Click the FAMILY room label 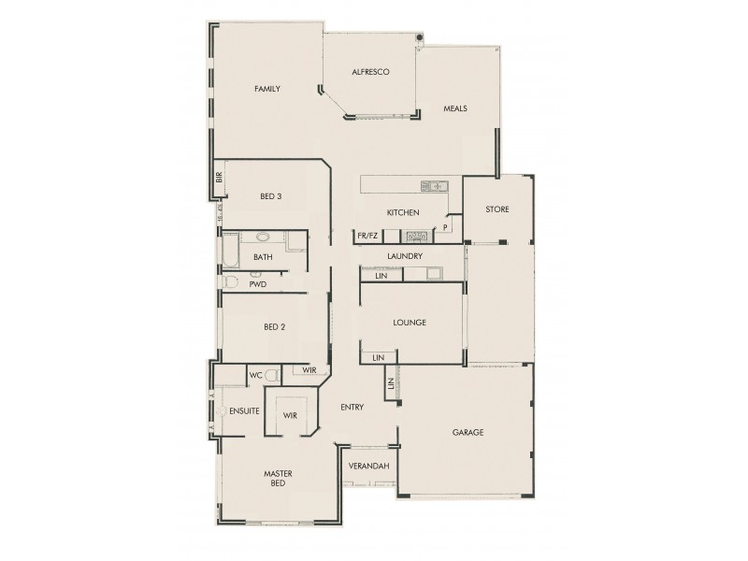tap(267, 89)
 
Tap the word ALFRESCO tap(370, 72)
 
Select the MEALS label tap(455, 108)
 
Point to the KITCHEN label tap(403, 213)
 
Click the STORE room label tap(497, 209)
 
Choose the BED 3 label tap(271, 196)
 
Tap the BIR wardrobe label tap(219, 176)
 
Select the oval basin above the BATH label tap(263, 237)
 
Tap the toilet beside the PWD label tap(232, 281)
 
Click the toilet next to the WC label tap(272, 375)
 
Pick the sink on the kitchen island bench tap(434, 186)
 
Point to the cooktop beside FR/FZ tap(415, 237)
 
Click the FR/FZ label tap(367, 237)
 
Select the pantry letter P tap(446, 226)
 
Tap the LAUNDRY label tap(405, 256)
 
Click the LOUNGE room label tap(410, 323)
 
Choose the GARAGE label tap(467, 433)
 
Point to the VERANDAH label tap(368, 465)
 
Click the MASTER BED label tap(278, 479)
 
